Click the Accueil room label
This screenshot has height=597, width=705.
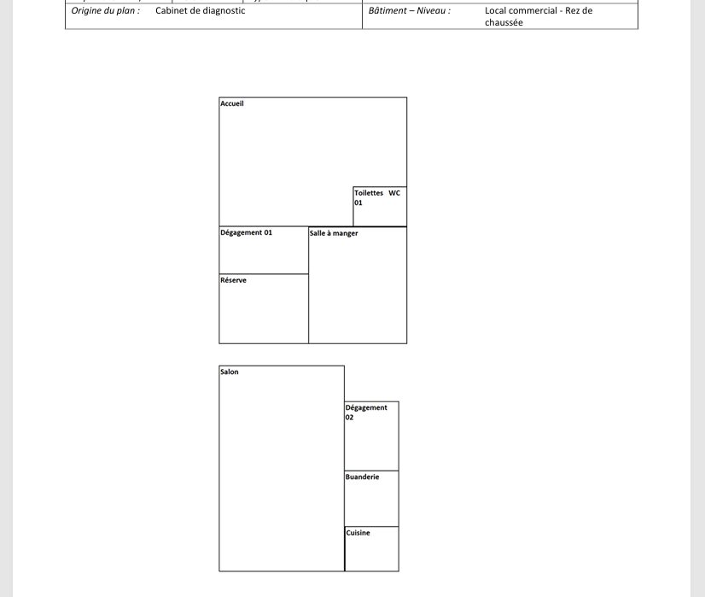click(232, 103)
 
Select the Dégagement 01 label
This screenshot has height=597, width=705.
click(246, 232)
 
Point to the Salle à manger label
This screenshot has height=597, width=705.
click(334, 233)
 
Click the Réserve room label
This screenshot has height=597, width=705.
click(233, 280)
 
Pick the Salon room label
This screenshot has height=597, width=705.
click(230, 372)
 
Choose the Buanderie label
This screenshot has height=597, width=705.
click(362, 477)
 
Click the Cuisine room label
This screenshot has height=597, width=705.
click(358, 533)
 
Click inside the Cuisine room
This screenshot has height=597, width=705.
click(372, 553)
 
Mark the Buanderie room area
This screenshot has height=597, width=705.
click(372, 504)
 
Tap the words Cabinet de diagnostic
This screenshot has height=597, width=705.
click(200, 11)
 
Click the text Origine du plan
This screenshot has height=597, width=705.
click(105, 11)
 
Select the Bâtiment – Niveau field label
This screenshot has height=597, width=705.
click(409, 11)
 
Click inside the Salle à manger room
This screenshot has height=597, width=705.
click(358, 290)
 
